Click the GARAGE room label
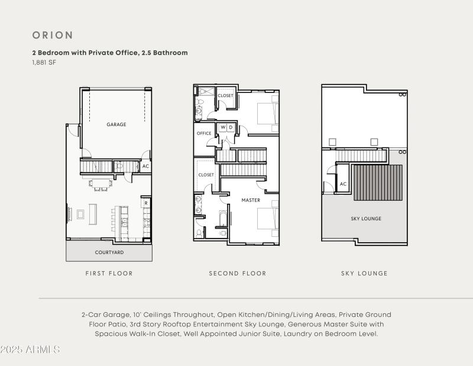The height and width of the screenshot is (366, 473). coord(116,124)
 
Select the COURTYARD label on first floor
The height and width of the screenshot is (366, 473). coord(109,252)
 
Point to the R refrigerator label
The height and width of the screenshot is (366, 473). coord(145,203)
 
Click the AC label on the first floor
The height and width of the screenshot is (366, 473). coord(145,166)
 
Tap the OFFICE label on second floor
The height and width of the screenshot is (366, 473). coord(204,133)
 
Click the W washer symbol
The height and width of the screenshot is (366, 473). coord(223,127)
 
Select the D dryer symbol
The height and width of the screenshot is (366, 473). coord(231,127)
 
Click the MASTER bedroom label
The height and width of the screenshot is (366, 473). coord(251,200)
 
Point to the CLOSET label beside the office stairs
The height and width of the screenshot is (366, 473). coord(206,175)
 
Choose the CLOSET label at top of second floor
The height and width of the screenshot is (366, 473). coord(225,95)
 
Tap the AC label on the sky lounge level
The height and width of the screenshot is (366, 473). coord(343,184)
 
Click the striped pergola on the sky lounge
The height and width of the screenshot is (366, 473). coord(378,182)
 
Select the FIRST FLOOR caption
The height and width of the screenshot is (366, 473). coord(109,274)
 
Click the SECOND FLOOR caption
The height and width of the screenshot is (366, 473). coord(238,274)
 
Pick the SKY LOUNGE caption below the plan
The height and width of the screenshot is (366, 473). coord(364,274)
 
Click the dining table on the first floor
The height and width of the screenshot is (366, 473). coord(101,183)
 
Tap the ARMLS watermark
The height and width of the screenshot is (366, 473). coord(31,349)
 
